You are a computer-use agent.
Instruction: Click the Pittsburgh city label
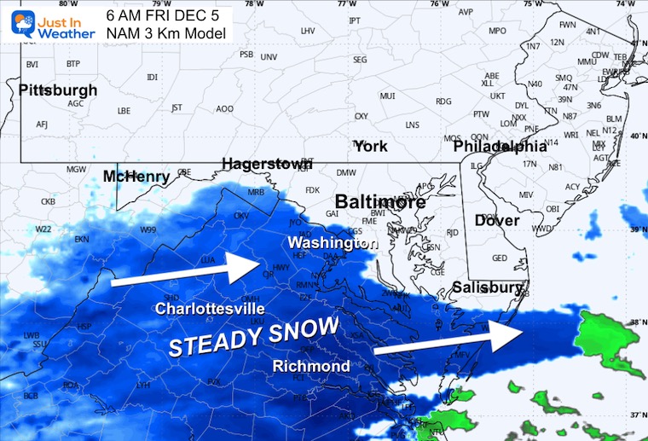coord(58,90)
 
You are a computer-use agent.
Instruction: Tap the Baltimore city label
coord(379,202)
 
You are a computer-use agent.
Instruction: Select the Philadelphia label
coord(500,147)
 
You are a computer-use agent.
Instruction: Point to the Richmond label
coord(310,366)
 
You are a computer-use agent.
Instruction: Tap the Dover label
coord(496,221)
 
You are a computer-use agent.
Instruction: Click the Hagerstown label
coord(267,164)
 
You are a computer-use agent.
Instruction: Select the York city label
coord(370,146)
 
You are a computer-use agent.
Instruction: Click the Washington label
coord(332,243)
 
